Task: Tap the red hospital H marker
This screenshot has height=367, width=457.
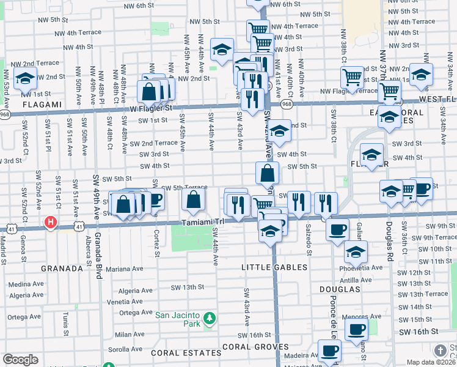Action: (51, 222)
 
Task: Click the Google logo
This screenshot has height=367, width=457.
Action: (20, 359)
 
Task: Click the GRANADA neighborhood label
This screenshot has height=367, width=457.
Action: (62, 269)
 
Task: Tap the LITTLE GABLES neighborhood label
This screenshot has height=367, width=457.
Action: (272, 267)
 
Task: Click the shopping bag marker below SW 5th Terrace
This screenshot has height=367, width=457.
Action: (193, 198)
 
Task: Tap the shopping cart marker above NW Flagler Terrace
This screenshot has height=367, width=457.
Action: (352, 77)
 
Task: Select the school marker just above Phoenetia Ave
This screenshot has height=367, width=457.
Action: (356, 250)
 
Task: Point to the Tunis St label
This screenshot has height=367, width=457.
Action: (65, 319)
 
